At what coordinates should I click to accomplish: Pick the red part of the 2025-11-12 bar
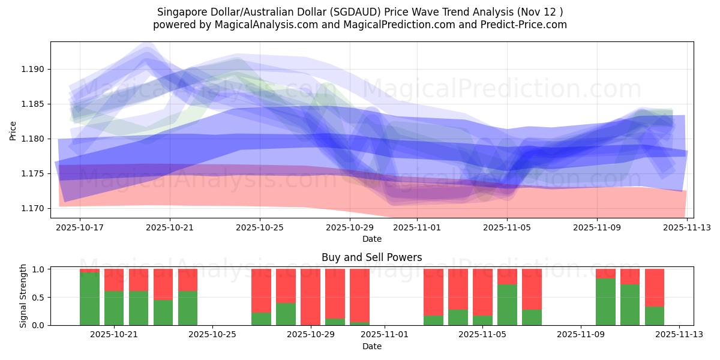pyautogui.click(x=655, y=287)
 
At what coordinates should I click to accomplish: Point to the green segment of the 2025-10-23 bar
pyautogui.click(x=163, y=313)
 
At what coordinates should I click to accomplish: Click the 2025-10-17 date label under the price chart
pyautogui.click(x=80, y=228)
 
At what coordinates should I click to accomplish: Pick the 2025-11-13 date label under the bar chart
pyautogui.click(x=679, y=335)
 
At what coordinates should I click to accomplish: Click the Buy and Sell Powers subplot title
pyautogui.click(x=371, y=257)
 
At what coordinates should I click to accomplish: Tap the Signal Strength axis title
pyautogui.click(x=23, y=296)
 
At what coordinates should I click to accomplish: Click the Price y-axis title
pyautogui.click(x=13, y=130)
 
